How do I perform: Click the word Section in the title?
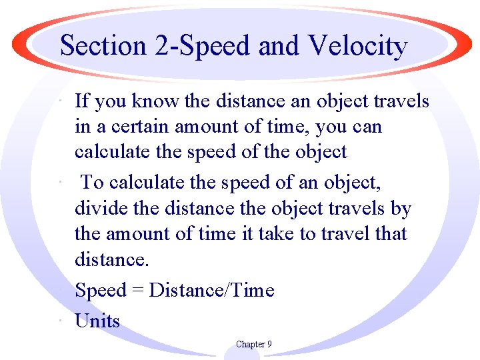[103, 46]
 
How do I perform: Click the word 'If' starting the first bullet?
[82, 101]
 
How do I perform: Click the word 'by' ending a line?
[401, 208]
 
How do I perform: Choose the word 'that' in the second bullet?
[390, 234]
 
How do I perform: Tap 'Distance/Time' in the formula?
[212, 290]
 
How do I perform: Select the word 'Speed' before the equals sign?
[101, 290]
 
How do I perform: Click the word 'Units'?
[97, 321]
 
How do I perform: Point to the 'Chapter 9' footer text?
[253, 345]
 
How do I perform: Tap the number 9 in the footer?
[269, 345]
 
